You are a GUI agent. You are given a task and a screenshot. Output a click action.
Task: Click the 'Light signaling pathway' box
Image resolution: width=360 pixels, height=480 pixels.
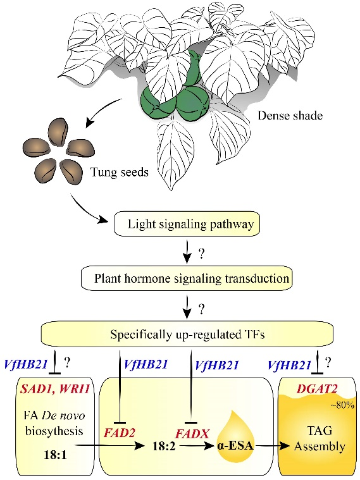[x=187, y=224]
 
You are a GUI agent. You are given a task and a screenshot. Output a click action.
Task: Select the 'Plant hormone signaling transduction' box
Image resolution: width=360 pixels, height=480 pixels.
[x=187, y=279]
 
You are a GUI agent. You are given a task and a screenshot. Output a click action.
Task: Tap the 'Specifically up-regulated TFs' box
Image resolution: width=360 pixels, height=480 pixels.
[x=187, y=335]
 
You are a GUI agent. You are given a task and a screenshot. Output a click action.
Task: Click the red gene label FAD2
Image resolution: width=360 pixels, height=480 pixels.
[x=120, y=433]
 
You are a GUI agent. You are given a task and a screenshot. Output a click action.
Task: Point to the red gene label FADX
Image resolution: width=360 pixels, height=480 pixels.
[x=192, y=433]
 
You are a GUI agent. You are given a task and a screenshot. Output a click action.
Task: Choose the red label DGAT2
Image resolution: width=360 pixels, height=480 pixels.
[x=317, y=389]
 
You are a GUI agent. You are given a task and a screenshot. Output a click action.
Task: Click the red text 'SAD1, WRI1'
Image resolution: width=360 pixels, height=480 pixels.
[x=55, y=389]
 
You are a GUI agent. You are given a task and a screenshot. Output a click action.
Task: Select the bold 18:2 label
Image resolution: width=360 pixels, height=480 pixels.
[x=164, y=446]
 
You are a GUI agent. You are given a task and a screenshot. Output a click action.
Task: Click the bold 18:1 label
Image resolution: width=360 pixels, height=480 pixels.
[x=56, y=455]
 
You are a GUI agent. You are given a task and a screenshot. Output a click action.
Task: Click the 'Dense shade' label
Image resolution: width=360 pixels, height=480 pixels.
[x=290, y=115]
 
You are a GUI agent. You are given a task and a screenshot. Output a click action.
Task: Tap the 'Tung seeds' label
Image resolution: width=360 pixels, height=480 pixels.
[x=120, y=173]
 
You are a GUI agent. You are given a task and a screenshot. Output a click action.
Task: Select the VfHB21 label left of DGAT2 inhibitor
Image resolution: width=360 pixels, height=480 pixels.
[x=290, y=365]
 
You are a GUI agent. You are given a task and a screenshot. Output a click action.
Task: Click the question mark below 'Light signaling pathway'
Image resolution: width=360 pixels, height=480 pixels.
[x=201, y=254]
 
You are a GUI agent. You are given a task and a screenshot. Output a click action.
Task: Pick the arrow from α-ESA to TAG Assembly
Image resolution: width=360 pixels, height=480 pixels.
[x=272, y=446]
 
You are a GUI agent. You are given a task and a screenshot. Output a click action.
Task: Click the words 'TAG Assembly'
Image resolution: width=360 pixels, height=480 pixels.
[x=320, y=438]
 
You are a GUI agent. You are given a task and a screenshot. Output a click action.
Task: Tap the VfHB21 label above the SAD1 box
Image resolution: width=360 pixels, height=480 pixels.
[x=26, y=364]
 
